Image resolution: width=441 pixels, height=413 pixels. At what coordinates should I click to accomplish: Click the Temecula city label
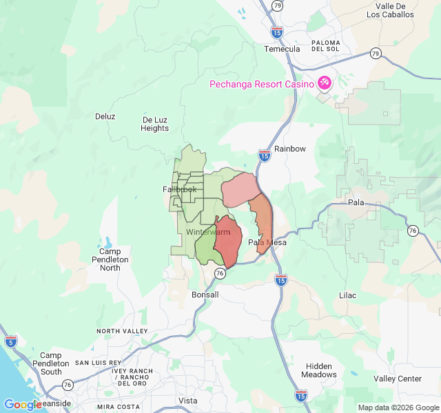tap(282, 49)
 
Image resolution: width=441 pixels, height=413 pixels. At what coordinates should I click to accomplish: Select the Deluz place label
tap(105, 116)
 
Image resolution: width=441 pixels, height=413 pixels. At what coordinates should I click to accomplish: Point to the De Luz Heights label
tap(155, 124)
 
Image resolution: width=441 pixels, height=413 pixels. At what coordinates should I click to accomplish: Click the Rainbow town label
tap(289, 149)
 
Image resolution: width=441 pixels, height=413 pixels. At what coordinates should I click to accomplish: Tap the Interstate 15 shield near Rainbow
tap(265, 156)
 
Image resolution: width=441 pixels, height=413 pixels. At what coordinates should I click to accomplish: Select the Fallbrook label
tap(180, 189)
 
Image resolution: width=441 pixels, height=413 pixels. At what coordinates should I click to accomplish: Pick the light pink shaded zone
tap(238, 189)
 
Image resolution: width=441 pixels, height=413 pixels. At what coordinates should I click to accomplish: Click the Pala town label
tap(356, 202)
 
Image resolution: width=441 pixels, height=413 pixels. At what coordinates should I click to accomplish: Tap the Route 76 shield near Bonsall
tap(220, 273)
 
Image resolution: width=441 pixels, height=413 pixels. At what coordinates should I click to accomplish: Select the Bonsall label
tap(205, 295)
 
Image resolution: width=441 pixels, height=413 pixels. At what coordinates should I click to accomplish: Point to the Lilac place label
tap(348, 295)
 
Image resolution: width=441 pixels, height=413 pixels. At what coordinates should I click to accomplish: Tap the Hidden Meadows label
tap(319, 370)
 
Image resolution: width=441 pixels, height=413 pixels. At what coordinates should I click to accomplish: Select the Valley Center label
tap(398, 379)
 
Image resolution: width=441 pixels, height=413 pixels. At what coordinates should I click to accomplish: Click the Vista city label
tap(187, 401)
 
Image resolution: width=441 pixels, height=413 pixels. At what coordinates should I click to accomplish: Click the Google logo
tap(23, 405)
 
